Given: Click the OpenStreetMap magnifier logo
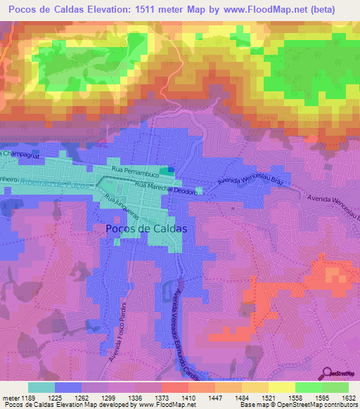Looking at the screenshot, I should click(x=328, y=373).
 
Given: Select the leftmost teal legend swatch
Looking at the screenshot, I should click(x=41, y=387).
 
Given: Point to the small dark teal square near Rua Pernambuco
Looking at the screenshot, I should click(x=165, y=170).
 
